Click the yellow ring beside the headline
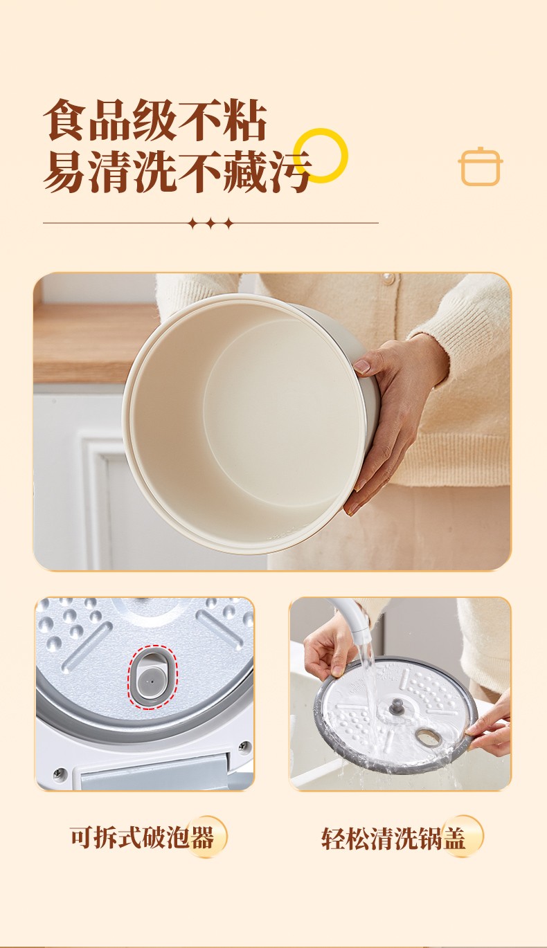point(321,132)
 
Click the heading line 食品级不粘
point(155,120)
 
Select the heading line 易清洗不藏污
point(178,172)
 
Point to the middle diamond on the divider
point(210,223)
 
